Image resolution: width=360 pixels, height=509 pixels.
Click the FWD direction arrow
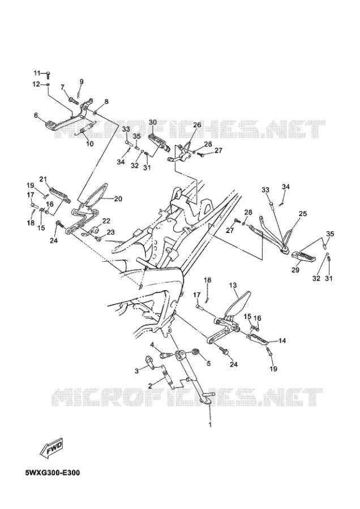click(x=52, y=448)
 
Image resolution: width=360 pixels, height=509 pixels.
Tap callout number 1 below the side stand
click(x=210, y=424)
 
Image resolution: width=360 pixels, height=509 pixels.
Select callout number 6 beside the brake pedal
click(x=36, y=115)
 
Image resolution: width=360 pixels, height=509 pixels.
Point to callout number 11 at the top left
click(x=37, y=72)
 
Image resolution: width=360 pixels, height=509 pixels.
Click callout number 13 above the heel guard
click(x=233, y=285)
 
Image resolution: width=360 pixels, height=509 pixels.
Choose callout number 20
click(x=118, y=199)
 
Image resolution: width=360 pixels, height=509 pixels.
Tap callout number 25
click(x=303, y=214)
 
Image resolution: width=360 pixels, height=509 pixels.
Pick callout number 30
click(x=153, y=122)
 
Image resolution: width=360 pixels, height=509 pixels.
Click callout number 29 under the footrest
click(x=295, y=270)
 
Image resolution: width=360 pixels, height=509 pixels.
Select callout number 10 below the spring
click(x=89, y=144)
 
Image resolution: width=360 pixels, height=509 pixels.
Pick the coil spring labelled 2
click(x=167, y=378)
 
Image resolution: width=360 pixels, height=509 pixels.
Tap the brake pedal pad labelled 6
click(x=51, y=124)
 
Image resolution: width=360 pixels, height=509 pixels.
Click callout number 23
click(x=111, y=232)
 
